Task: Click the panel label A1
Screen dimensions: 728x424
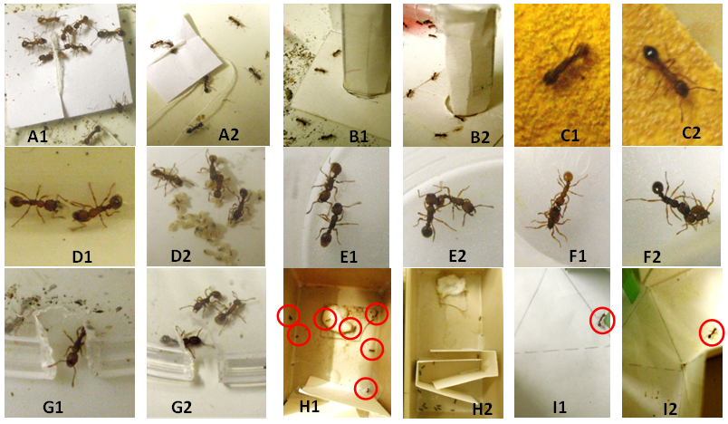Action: (x=38, y=136)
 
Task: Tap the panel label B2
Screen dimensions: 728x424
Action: (x=480, y=138)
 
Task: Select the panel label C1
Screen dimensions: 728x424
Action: (x=569, y=135)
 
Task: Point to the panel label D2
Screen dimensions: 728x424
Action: (x=180, y=255)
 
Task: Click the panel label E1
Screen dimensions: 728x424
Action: (x=349, y=255)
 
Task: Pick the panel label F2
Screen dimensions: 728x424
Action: (x=651, y=255)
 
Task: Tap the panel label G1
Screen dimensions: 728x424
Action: (x=53, y=407)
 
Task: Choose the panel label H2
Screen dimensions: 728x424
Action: (x=482, y=409)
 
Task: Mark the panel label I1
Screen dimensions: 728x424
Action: (x=560, y=407)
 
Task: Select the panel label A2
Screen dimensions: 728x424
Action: (x=228, y=134)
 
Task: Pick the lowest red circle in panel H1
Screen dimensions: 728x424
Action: (x=366, y=389)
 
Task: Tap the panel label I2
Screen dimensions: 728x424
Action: (x=669, y=409)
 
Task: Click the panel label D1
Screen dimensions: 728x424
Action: (x=81, y=255)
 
